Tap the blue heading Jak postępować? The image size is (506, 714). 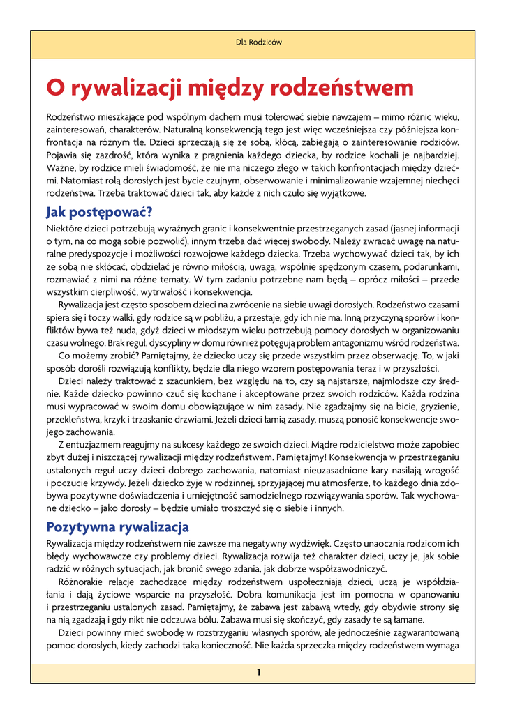tap(98, 212)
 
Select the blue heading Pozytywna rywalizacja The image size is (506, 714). tap(117, 526)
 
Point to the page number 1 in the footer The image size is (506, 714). tap(258, 672)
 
